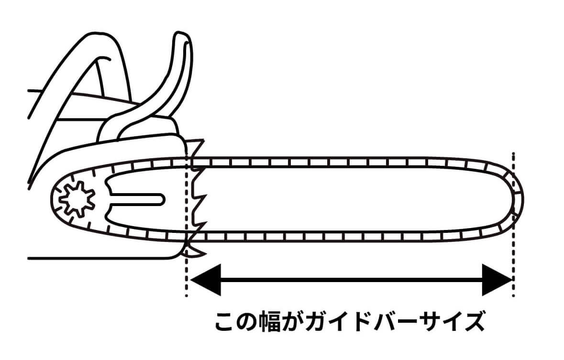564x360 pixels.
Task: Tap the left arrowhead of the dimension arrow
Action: click(x=205, y=280)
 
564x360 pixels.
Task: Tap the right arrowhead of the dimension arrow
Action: click(x=497, y=280)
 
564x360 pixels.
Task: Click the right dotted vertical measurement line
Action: click(x=513, y=224)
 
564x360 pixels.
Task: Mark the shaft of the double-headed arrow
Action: click(x=351, y=280)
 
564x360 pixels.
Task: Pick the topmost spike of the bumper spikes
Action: click(x=198, y=144)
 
